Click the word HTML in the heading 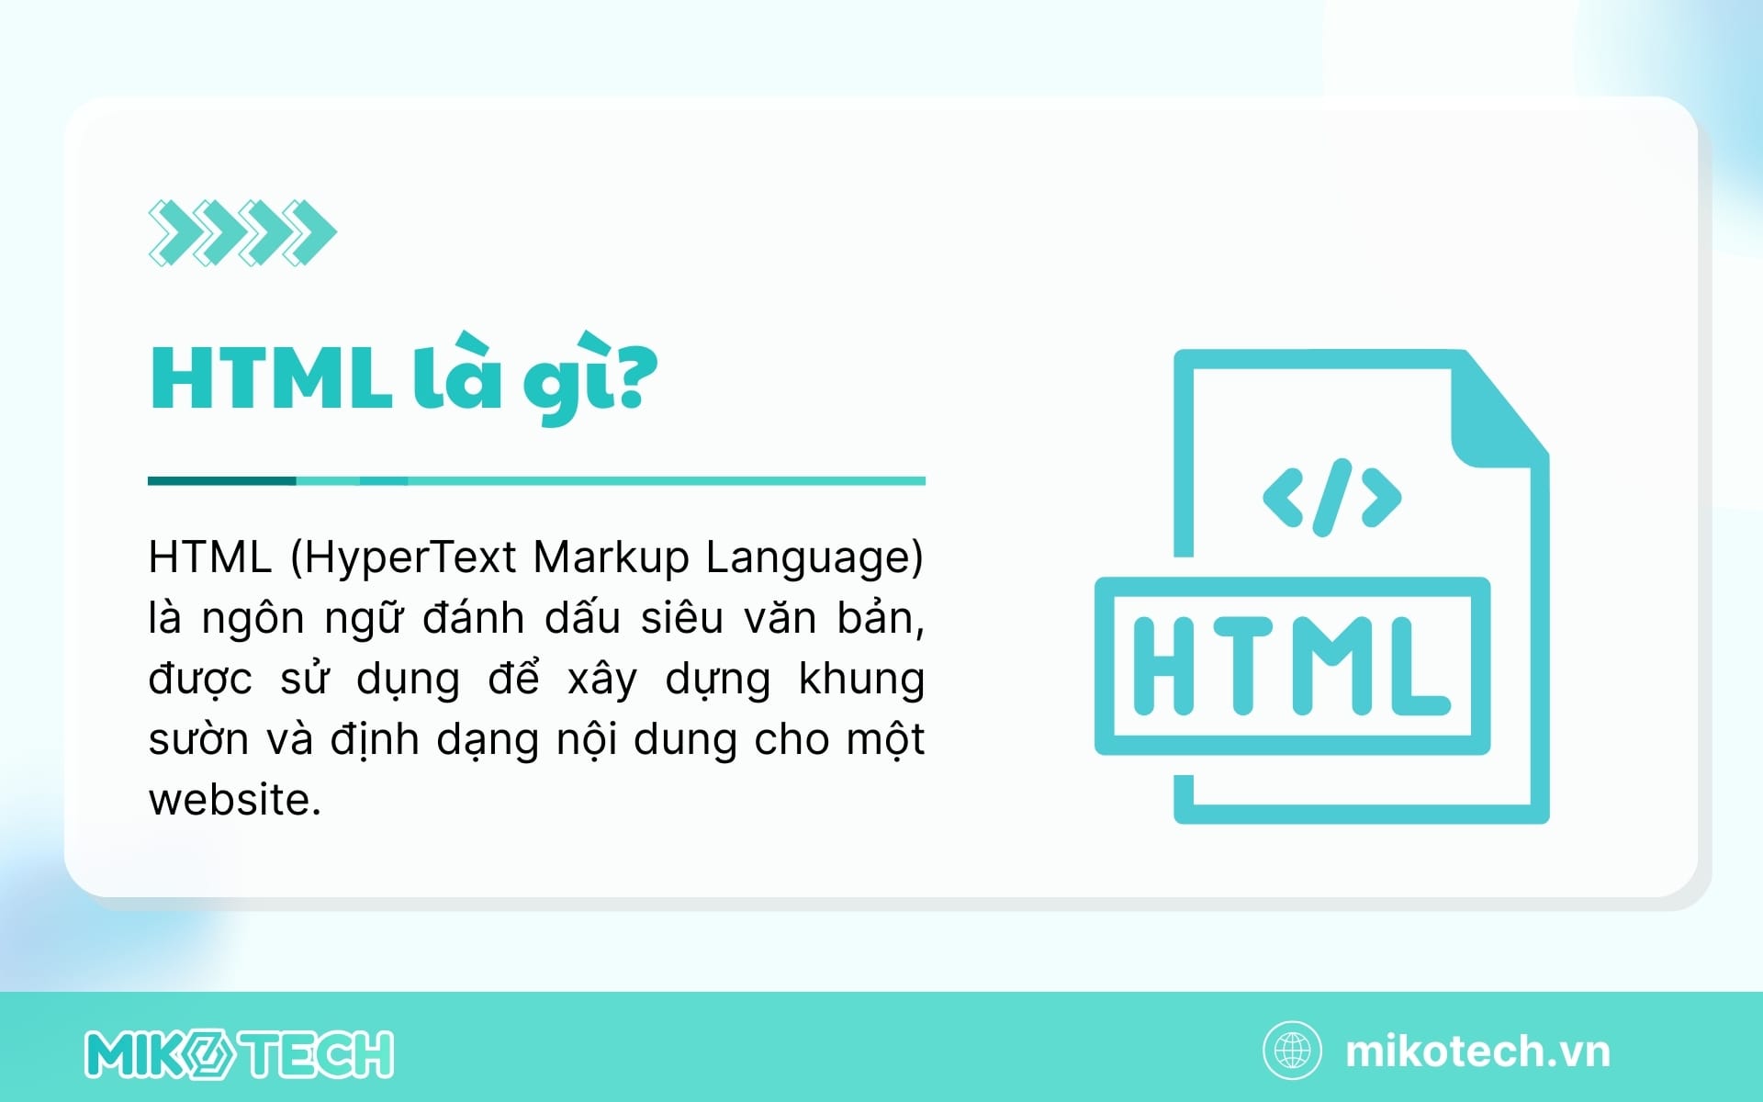(x=270, y=378)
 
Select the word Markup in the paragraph (x=611, y=558)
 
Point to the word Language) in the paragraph (x=814, y=558)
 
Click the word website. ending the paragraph (x=235, y=799)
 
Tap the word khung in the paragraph (x=861, y=680)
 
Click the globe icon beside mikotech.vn (x=1293, y=1051)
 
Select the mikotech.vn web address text (x=1477, y=1051)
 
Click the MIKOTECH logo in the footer (x=240, y=1053)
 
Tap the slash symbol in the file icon (x=1332, y=497)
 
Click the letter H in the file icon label (x=1163, y=666)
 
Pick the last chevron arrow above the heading (x=309, y=232)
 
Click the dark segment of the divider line (x=222, y=480)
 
